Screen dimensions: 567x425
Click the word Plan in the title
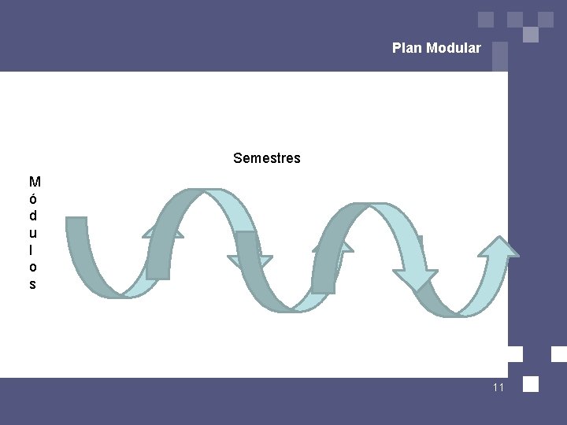407,48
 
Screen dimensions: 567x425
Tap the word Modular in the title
453,48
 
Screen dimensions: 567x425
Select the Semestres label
266,158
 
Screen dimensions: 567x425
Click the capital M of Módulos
35,182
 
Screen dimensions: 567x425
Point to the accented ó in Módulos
33,198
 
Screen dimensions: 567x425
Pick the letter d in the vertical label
33,215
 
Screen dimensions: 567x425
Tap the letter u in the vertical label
33,232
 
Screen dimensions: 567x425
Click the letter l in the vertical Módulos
32,249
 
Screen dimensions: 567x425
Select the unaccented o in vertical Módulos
33,267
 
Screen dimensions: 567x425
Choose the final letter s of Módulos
32,284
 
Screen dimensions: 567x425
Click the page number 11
498,387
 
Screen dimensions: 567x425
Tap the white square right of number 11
531,384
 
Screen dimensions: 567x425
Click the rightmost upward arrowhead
499,246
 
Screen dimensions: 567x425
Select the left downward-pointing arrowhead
250,262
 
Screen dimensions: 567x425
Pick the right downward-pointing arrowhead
415,279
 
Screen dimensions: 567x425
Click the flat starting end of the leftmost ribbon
76,219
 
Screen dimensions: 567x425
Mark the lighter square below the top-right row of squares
531,35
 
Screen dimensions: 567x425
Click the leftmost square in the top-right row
486,19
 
